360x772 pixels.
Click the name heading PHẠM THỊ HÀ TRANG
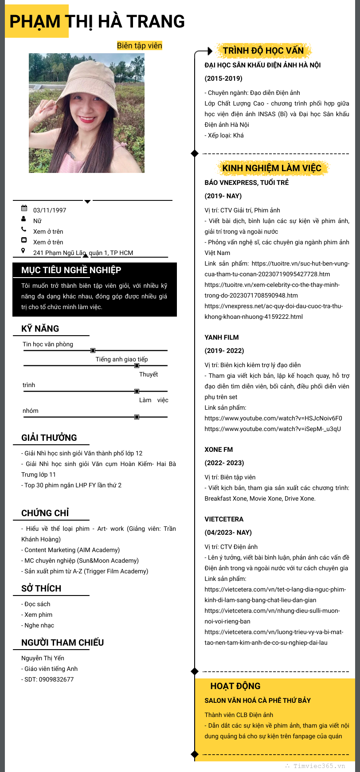coord(97,21)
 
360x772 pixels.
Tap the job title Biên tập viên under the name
coord(139,46)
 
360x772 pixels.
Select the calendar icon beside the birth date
coord(24,208)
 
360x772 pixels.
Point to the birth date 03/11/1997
coord(50,210)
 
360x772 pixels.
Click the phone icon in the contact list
coord(24,229)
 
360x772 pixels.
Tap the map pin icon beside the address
coord(23,251)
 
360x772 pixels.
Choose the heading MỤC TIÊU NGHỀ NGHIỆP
coord(71,270)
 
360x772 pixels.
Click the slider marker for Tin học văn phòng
coord(93,351)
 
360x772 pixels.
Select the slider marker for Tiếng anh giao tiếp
coord(137,366)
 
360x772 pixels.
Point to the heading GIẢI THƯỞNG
coord(49,438)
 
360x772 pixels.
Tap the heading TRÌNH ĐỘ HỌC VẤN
coord(263,51)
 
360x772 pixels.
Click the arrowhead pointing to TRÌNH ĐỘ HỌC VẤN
coord(210,51)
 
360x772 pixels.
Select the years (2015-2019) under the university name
coord(223,78)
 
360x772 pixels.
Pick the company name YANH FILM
coord(222,337)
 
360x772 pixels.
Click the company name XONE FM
coord(219,450)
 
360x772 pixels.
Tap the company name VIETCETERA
coord(224,519)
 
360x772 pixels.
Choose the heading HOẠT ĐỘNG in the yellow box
coord(235,686)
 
